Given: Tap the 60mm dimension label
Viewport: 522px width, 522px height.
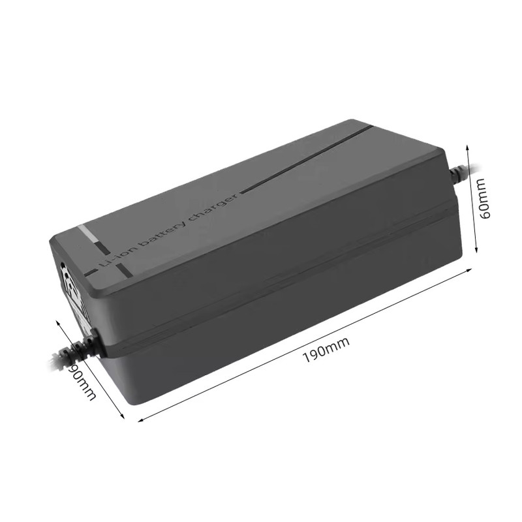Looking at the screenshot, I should point(484,200).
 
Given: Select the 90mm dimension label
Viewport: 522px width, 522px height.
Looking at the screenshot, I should point(84,381).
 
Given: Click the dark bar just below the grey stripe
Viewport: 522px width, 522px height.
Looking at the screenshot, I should point(103,248).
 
